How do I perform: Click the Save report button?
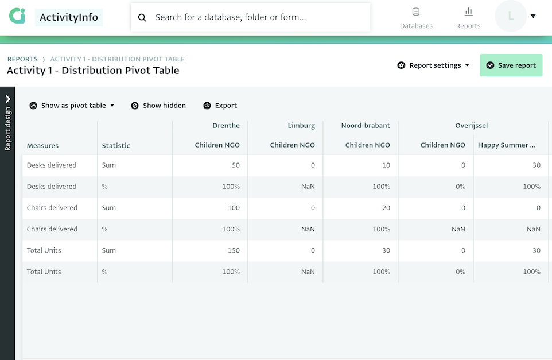[x=511, y=65]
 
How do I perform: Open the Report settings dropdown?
[x=434, y=65]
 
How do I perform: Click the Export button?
[x=220, y=106]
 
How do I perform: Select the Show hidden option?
[x=158, y=106]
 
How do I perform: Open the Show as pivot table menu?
[x=72, y=106]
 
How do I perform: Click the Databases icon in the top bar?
[x=416, y=12]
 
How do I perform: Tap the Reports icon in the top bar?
[x=468, y=12]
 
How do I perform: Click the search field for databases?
[x=258, y=17]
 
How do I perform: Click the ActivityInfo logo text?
[x=69, y=17]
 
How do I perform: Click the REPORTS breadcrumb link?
[x=22, y=59]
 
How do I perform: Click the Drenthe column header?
[x=226, y=125]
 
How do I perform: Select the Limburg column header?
[x=301, y=125]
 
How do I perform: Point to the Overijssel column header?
[x=472, y=125]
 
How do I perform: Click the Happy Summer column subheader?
[x=507, y=145]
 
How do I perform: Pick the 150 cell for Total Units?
[x=234, y=250]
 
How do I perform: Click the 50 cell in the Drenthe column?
[x=235, y=165]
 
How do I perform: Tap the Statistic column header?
[x=116, y=146]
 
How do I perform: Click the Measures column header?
[x=42, y=146]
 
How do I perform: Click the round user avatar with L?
[x=511, y=16]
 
